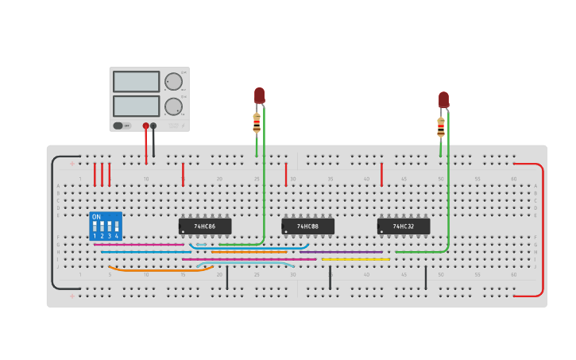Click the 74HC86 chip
point(205,226)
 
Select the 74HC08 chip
point(307,226)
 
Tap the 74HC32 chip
point(403,226)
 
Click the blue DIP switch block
point(106,226)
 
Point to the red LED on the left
point(259,95)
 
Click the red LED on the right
point(443,99)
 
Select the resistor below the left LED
point(257,122)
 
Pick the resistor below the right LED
point(441,126)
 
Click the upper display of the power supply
point(137,81)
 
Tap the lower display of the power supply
point(137,106)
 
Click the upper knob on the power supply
point(172,81)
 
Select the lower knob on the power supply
point(172,106)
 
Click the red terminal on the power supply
point(145,126)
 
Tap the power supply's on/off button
point(118,126)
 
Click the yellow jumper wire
point(355,259)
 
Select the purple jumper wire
point(342,252)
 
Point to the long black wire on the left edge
point(53,223)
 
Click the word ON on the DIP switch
point(97,217)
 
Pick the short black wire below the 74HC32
point(425,277)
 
